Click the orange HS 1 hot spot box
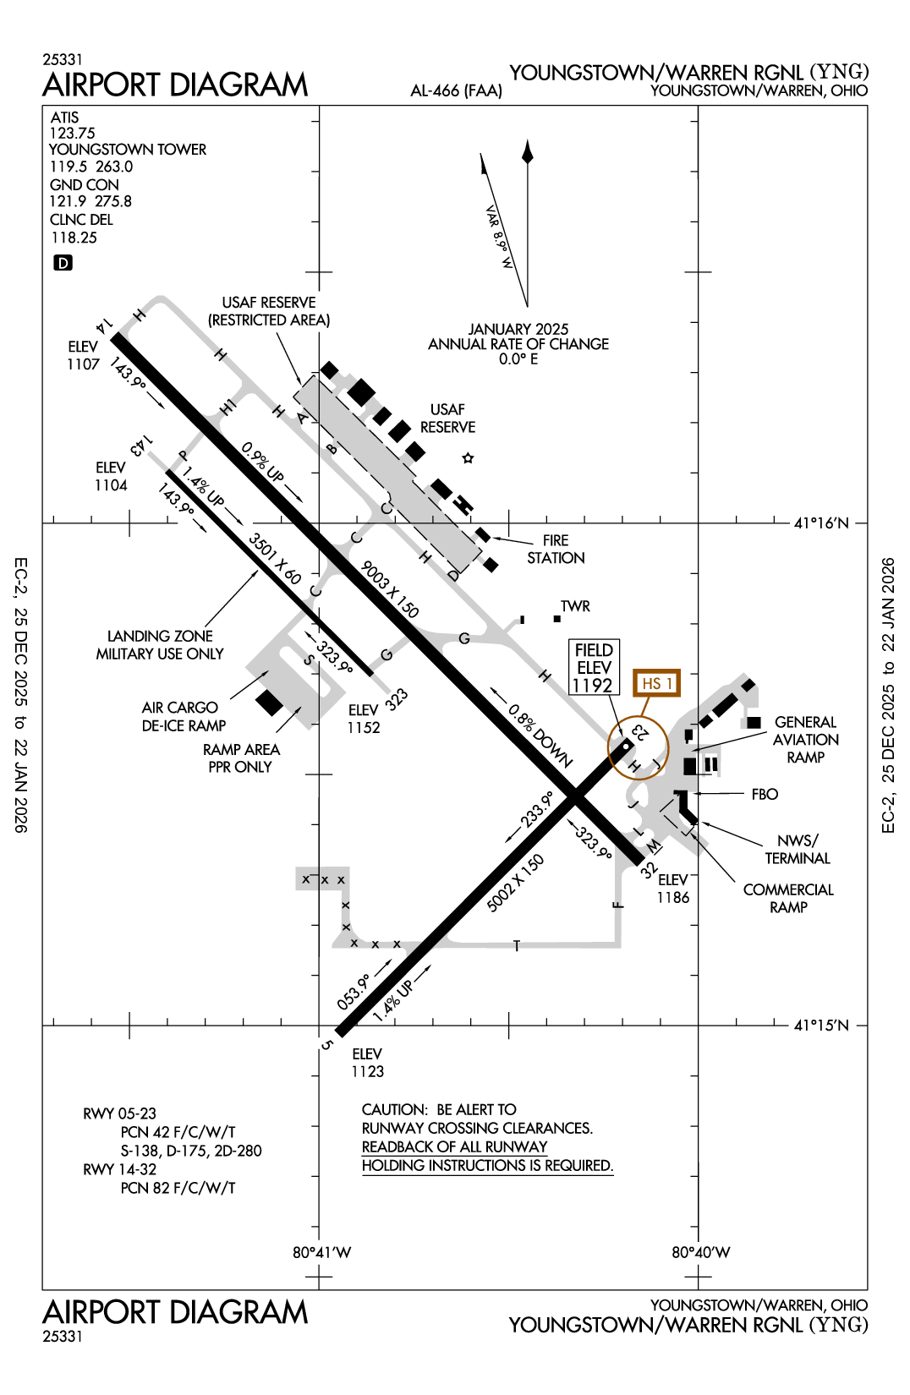656,683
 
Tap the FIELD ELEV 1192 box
594,667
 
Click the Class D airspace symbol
63,263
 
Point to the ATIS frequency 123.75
72,134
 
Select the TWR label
575,606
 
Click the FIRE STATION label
556,550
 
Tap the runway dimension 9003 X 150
390,589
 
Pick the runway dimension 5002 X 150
515,883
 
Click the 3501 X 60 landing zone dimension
275,559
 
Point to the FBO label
765,795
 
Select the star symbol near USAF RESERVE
468,458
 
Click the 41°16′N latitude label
820,523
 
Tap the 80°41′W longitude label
321,1252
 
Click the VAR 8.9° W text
499,237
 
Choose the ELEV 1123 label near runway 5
367,1063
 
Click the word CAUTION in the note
394,1109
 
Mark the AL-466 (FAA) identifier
456,90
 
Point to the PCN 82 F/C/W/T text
178,1188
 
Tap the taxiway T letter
516,946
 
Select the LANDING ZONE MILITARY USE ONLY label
160,645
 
